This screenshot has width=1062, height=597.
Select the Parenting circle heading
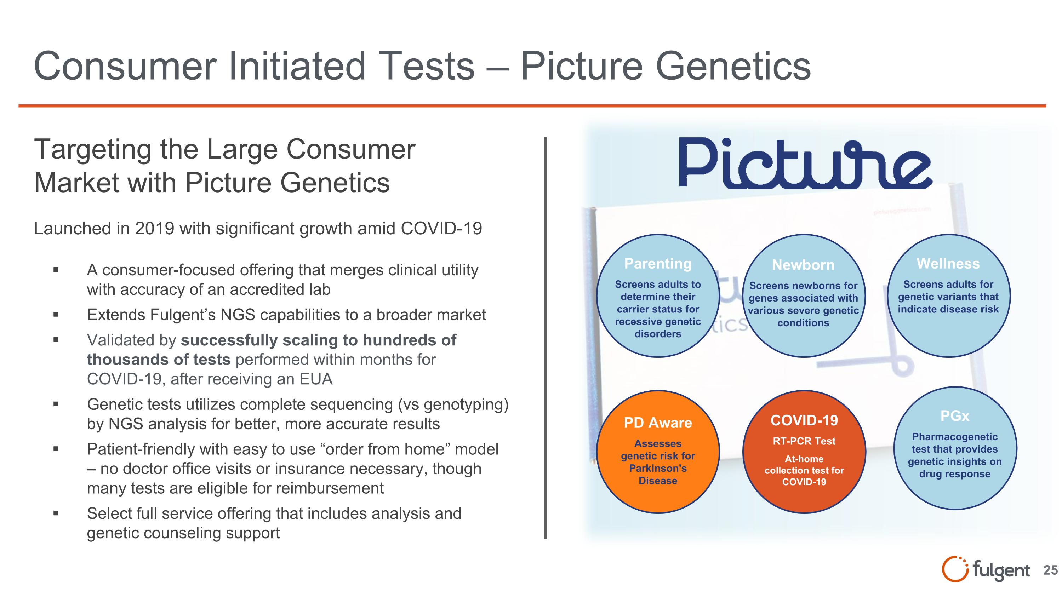658,264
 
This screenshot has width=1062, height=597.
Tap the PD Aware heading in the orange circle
658,423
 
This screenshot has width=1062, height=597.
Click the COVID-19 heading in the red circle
804,420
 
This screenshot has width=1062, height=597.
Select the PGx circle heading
954,416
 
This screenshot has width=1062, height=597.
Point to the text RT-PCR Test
804,441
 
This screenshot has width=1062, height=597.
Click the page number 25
1050,570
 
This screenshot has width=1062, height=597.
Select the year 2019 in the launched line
155,229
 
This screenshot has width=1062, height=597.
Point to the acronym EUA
316,379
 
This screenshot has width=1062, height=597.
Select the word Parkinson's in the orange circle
658,469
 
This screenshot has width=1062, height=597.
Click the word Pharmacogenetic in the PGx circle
954,437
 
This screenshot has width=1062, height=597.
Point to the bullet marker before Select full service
56,514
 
